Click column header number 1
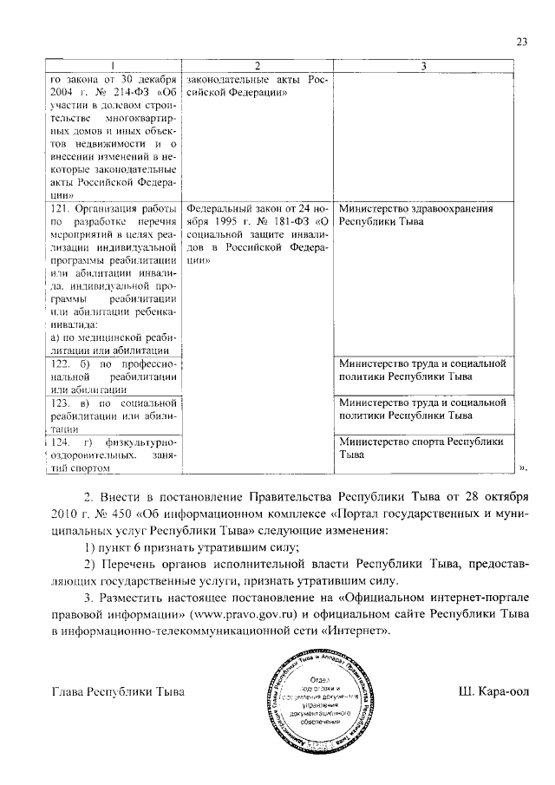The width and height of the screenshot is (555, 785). coord(111,67)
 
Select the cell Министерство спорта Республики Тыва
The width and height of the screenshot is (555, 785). coord(421,448)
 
